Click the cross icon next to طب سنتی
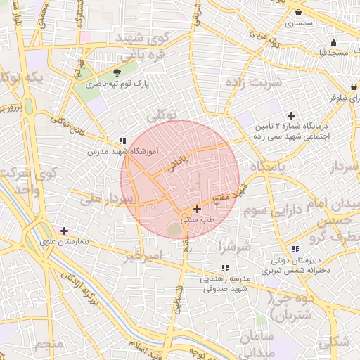[x=197, y=209]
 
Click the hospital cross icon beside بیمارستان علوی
[x=65, y=231]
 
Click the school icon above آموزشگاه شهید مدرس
[x=122, y=141]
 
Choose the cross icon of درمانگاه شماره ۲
[x=291, y=115]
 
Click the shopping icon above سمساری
[x=299, y=13]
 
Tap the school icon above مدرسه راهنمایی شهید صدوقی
[x=225, y=268]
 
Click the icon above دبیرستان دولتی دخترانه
[x=295, y=249]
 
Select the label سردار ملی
[x=106, y=200]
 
